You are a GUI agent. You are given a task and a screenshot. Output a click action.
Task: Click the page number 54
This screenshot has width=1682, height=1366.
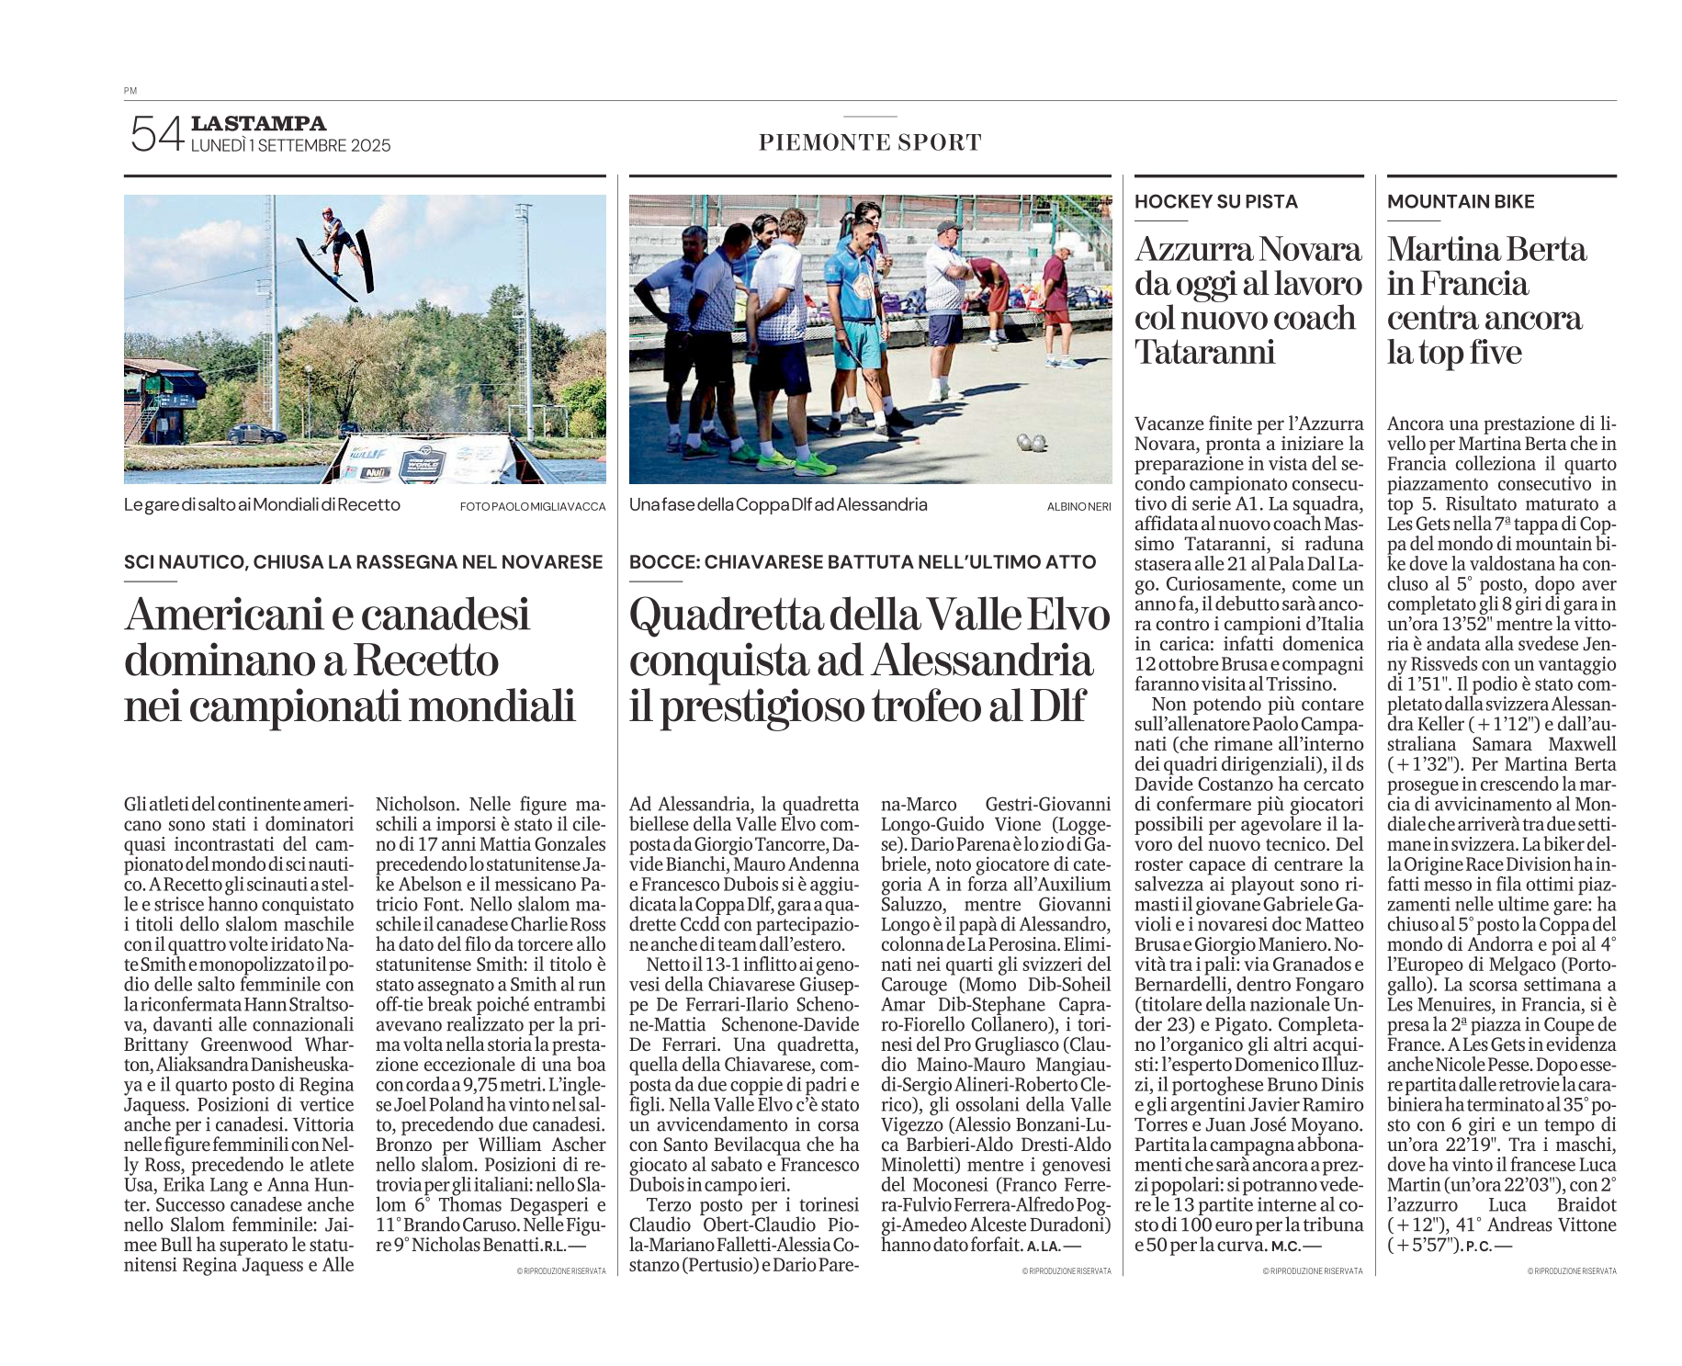click(156, 134)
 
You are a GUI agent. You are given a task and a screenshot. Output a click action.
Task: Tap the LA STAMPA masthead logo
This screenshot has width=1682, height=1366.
click(258, 123)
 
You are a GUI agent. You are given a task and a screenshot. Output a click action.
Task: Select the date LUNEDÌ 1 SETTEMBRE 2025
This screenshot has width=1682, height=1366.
click(290, 146)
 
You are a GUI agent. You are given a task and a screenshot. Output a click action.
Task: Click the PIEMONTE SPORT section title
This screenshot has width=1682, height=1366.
click(870, 142)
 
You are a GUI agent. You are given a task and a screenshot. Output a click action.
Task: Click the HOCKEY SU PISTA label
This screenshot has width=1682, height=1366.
click(1215, 202)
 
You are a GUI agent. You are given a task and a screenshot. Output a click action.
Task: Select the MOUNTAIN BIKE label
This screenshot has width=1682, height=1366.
click(1461, 202)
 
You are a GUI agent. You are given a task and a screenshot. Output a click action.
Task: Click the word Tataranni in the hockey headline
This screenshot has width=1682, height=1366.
click(1205, 352)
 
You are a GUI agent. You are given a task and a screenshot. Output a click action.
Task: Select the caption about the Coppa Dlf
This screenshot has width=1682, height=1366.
click(778, 505)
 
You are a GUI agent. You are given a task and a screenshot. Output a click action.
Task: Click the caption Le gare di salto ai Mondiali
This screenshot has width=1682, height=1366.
click(262, 505)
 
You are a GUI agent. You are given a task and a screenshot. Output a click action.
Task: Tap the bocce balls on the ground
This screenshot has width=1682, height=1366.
click(1032, 444)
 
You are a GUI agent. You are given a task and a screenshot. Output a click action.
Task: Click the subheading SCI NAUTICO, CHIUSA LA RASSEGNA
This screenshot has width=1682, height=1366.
click(363, 562)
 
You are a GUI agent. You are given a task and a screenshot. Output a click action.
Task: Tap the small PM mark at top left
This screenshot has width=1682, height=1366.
click(130, 91)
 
